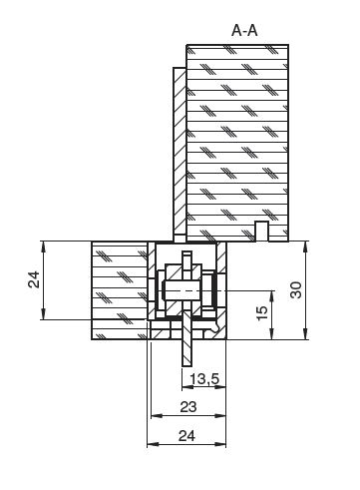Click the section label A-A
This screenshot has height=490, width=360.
click(244, 31)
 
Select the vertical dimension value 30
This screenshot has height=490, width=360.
click(296, 290)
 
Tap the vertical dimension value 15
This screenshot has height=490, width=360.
click(262, 312)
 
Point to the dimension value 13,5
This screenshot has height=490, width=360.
click(204, 378)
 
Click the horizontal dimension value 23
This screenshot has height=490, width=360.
click(188, 407)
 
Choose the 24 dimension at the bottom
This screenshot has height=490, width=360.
click(186, 436)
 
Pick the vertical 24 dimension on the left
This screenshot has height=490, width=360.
click(34, 279)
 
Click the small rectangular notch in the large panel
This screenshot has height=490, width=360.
click(261, 231)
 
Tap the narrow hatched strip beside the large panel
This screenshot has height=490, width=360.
click(180, 155)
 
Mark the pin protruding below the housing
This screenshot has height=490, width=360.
click(186, 342)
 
